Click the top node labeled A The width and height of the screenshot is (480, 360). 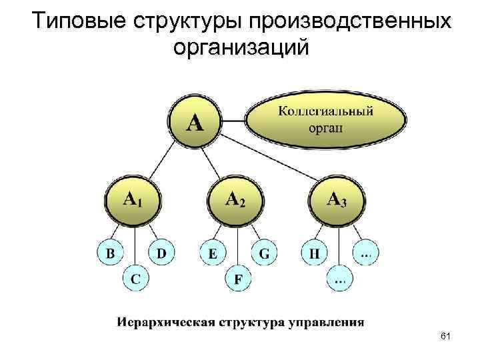(x=194, y=121)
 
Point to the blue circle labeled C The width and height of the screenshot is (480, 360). (x=135, y=279)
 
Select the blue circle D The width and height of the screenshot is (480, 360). (x=161, y=253)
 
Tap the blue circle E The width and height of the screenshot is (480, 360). (x=212, y=253)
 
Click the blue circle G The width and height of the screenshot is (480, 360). (x=264, y=253)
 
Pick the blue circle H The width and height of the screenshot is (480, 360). (x=314, y=253)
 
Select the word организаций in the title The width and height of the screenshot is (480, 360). (x=241, y=48)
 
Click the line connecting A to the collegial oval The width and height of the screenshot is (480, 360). (x=233, y=121)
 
